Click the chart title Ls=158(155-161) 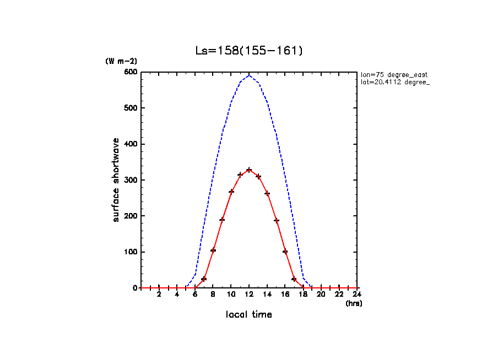pos(249,51)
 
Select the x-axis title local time pos(248,315)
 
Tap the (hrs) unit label pos(354,303)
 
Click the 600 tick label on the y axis pos(130,72)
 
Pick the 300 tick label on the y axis pos(130,180)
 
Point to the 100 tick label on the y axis pos(130,252)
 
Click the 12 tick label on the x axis pos(249,295)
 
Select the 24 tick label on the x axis pos(358,295)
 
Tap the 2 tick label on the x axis pos(159,295)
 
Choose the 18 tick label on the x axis pos(303,295)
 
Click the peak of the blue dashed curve pos(249,75)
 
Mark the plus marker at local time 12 pos(249,170)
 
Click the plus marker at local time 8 pos(213,250)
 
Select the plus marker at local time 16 pos(285,252)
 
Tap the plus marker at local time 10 pos(231,192)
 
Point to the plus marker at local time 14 pos(267,193)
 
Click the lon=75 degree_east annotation pos(394,74)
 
